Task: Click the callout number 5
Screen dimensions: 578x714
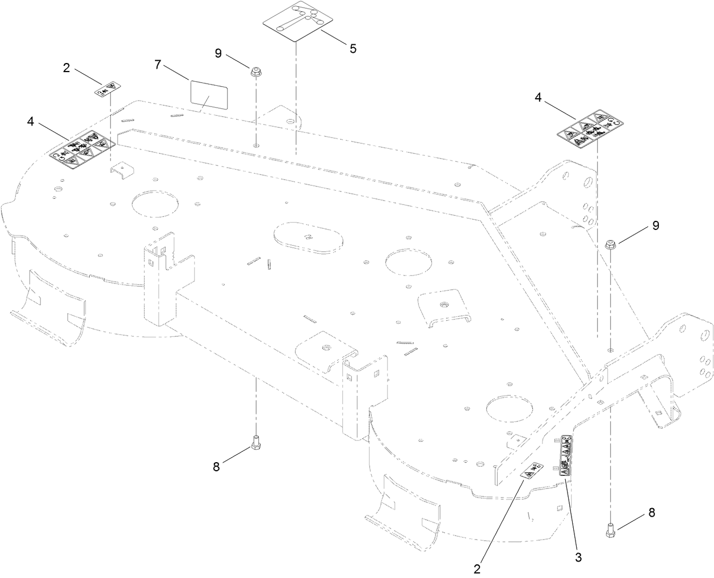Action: [352, 48]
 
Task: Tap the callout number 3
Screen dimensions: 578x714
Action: [578, 557]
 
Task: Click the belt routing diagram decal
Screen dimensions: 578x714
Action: [296, 22]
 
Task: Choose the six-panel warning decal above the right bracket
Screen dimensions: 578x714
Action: [589, 128]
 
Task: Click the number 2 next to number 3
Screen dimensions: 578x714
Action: [478, 567]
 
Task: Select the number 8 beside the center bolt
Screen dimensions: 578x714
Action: [216, 466]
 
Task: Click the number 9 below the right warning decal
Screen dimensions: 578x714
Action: [656, 225]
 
